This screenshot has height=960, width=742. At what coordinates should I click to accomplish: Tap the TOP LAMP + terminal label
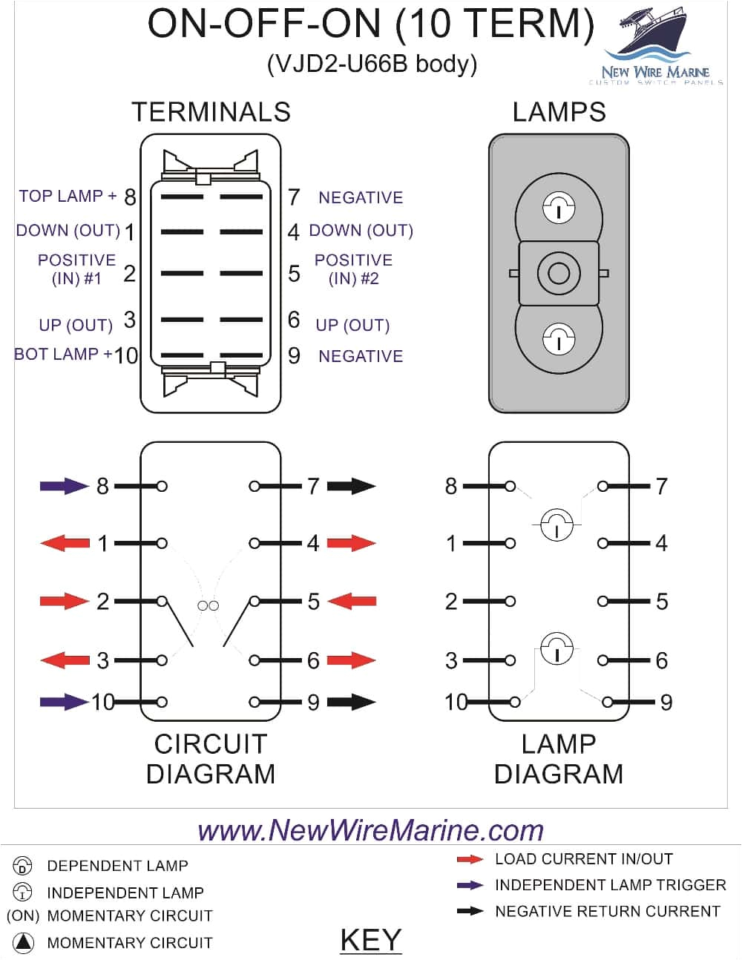68,196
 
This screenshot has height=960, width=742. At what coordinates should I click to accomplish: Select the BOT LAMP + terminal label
63,354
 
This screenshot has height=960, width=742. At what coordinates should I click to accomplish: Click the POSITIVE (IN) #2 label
353,269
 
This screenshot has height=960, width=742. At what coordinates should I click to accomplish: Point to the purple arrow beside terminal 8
64,486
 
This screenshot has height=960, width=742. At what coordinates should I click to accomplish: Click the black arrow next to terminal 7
351,486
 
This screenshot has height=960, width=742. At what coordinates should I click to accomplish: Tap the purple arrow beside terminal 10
64,701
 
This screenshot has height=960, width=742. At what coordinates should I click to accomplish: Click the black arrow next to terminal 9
351,701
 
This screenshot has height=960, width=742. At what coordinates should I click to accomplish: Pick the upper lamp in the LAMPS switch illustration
558,208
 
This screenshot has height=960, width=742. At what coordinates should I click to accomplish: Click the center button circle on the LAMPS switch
558,273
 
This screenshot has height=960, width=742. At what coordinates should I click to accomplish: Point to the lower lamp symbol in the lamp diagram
556,649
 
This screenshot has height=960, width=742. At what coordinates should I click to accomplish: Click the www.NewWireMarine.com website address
370,829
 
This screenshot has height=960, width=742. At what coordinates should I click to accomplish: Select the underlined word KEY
370,940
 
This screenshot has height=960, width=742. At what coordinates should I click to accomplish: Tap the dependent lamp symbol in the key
23,866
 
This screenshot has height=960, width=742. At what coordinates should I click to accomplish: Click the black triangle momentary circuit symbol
24,943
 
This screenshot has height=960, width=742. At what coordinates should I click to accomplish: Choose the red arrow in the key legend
470,859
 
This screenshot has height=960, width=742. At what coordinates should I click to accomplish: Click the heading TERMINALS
211,112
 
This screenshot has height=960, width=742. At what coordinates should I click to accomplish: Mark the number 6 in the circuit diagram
313,660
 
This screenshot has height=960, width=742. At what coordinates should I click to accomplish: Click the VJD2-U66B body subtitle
372,64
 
